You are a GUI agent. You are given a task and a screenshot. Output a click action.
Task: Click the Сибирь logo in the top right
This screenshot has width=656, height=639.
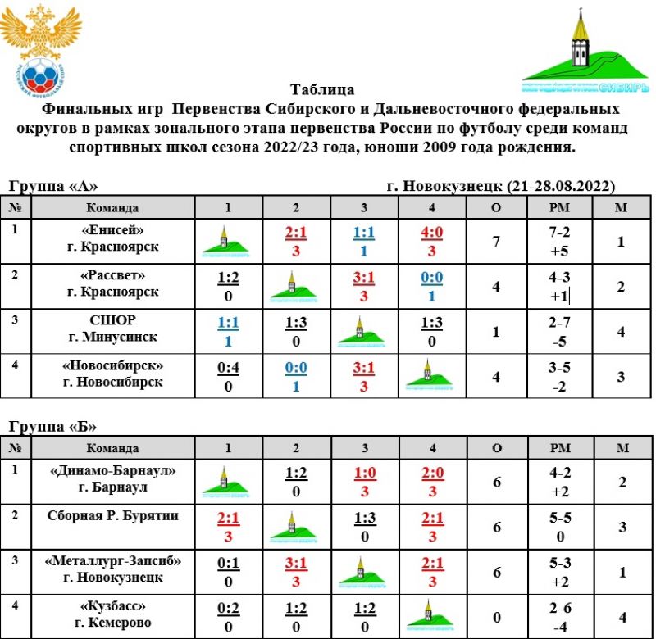pyautogui.click(x=585, y=51)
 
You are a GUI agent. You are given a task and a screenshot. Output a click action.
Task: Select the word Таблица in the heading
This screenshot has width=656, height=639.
pyautogui.click(x=322, y=89)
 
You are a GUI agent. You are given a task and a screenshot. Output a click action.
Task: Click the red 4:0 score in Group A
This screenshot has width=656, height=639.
pyautogui.click(x=431, y=232)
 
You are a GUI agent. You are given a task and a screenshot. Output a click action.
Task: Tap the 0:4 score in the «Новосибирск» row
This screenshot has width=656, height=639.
pyautogui.click(x=228, y=366)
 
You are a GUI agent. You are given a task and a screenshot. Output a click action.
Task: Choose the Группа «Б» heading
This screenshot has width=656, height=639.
pyautogui.click(x=53, y=426)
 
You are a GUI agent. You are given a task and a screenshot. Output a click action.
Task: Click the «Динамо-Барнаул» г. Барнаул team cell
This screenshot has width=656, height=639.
pyautogui.click(x=113, y=480)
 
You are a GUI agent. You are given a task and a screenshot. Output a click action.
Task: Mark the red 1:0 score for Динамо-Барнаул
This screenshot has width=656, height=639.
pyautogui.click(x=363, y=473)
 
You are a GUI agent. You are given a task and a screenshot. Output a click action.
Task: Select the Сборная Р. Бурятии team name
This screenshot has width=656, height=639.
pyautogui.click(x=113, y=515)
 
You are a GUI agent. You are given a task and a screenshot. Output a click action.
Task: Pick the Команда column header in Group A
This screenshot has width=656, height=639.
pyautogui.click(x=113, y=207)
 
